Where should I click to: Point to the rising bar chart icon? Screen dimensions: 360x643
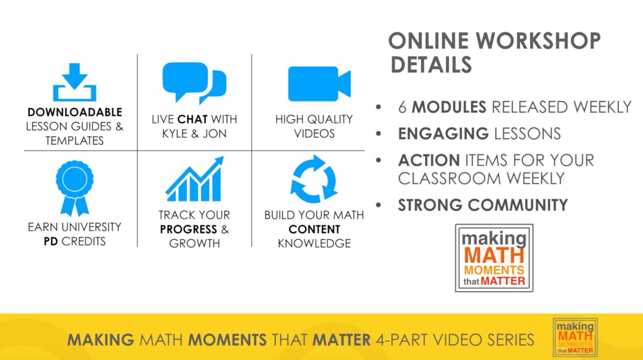pos(195,178)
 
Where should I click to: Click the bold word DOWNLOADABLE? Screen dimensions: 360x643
pos(75,112)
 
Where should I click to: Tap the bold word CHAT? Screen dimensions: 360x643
pos(193,119)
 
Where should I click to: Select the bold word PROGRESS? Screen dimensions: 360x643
pos(187,229)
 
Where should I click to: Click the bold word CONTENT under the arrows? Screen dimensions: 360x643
pos(314,229)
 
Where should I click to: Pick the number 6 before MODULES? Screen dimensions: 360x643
pos(402,107)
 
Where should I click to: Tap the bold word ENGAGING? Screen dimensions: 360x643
pos(443,133)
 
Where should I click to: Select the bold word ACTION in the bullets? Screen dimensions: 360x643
pos(429,160)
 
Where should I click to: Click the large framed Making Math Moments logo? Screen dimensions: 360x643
pos(494,258)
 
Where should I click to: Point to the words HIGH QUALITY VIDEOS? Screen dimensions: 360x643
pos(314,126)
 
